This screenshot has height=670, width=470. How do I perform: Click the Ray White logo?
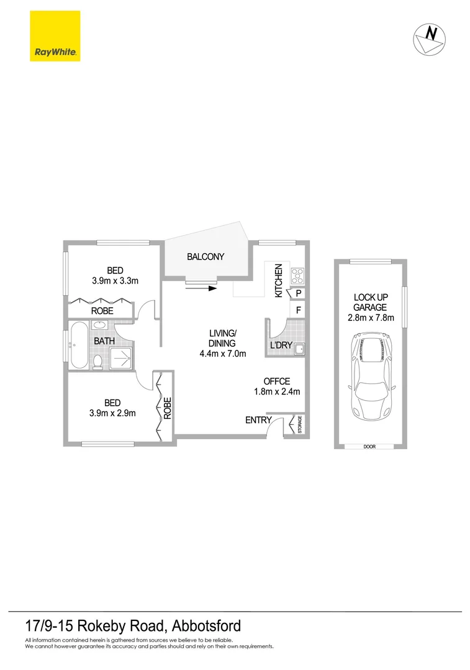coord(55,36)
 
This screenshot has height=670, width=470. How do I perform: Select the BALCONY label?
coord(206,256)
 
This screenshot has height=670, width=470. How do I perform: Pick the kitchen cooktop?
coord(297,275)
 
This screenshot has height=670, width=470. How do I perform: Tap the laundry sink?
coord(299,349)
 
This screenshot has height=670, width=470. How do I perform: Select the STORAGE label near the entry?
coord(299,426)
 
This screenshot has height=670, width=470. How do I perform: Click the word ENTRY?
coord(258,420)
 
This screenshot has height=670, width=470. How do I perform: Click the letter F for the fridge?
coord(299,310)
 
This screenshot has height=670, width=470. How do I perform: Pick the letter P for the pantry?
coord(299,293)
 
